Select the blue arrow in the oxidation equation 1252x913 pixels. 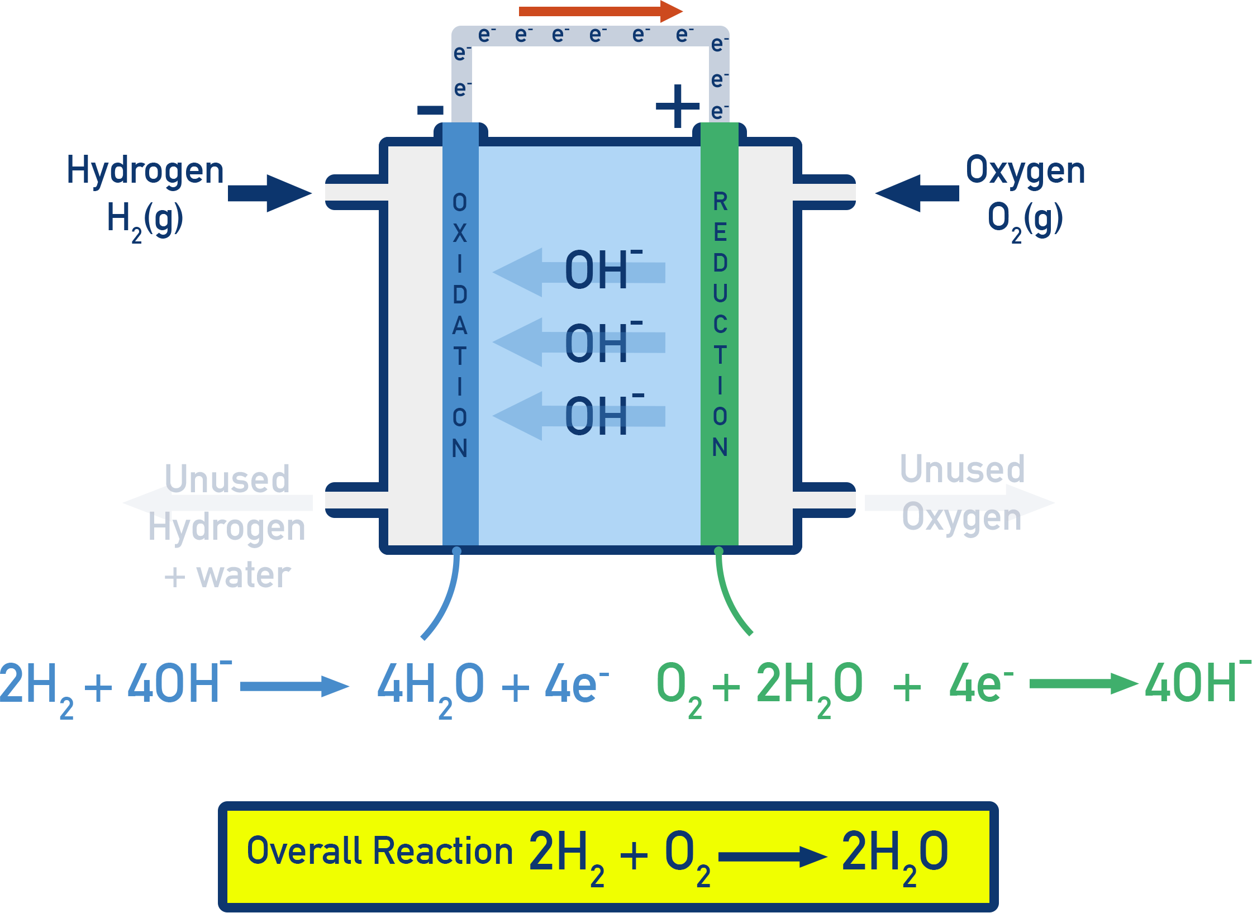pyautogui.click(x=294, y=686)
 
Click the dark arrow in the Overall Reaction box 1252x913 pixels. pyautogui.click(x=772, y=857)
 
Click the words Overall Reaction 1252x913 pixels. pyautogui.click(x=379, y=851)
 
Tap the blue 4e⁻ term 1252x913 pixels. pyautogui.click(x=575, y=684)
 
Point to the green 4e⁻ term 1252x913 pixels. pyautogui.click(x=980, y=684)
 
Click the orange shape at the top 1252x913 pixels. pyautogui.click(x=598, y=10)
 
